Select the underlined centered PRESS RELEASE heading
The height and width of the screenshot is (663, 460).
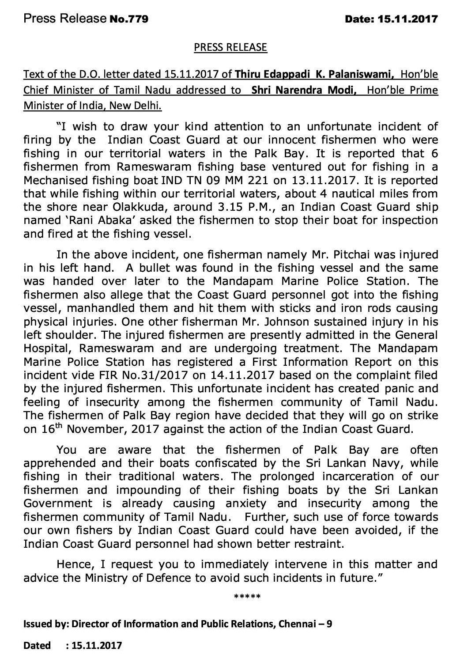pyautogui.click(x=230, y=47)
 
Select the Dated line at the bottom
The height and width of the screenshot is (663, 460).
pyautogui.click(x=72, y=645)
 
